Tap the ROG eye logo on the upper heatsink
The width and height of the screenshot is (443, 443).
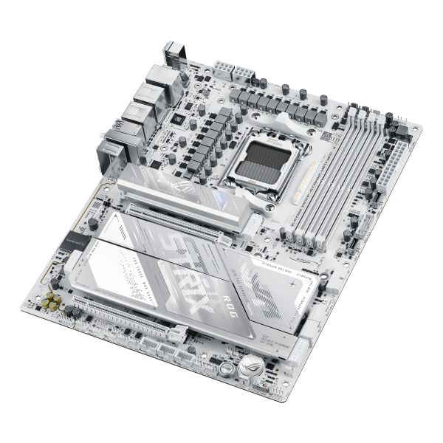click(181, 180)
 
